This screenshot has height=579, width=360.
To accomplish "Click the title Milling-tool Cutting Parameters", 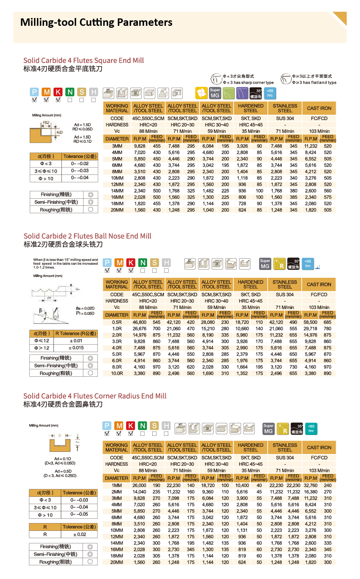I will click(96, 22).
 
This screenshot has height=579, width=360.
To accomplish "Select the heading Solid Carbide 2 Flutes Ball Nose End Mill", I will click(87, 236).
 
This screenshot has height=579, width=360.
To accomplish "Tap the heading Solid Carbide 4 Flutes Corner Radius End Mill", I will click(95, 396).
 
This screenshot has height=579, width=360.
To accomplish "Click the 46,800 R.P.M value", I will click(139, 322).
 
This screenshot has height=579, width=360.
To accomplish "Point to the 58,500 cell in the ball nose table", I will click(310, 322).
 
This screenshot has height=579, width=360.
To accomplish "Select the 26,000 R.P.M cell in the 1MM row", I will click(139, 485).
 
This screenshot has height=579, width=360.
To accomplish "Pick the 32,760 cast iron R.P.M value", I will click(310, 485).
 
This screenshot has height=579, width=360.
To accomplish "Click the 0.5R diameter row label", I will click(117, 322).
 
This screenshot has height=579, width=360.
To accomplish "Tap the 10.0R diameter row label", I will click(117, 374).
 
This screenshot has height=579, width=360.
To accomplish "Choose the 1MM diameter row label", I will click(117, 485).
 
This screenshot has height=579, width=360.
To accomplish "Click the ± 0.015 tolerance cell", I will click(76, 348).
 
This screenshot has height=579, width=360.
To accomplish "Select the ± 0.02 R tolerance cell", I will click(79, 534).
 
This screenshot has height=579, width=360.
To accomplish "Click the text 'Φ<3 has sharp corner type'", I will click(248, 83).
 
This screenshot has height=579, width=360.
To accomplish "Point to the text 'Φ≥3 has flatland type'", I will click(314, 83).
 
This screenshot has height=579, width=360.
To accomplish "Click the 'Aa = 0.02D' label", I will click(85, 308).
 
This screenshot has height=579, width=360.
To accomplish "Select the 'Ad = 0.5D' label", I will click(63, 471).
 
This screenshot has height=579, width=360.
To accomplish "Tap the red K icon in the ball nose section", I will click(131, 263).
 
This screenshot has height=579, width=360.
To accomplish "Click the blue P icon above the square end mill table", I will click(34, 92).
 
